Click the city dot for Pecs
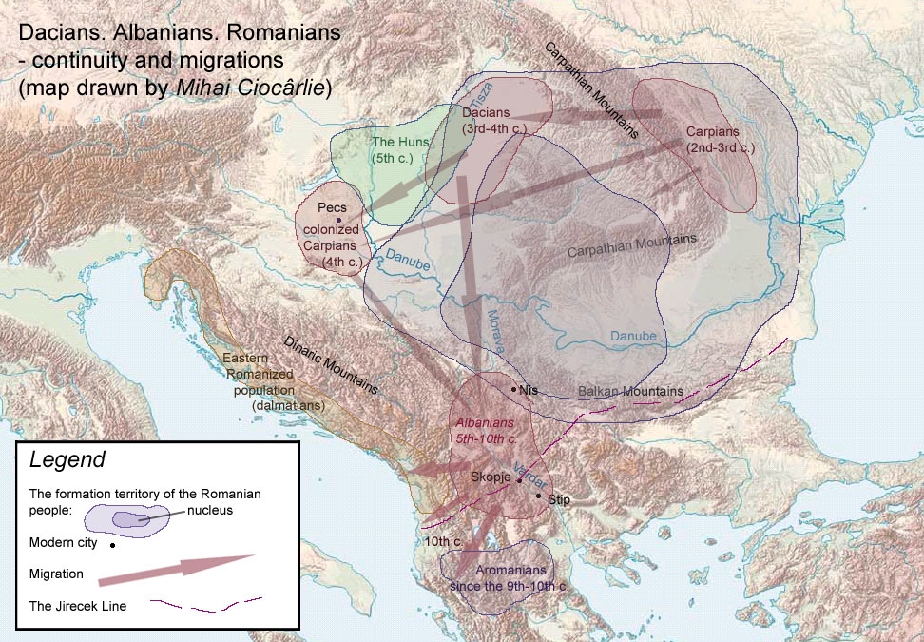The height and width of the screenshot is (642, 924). tap(337, 220)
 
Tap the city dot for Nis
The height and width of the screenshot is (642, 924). tap(514, 389)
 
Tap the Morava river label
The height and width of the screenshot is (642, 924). tap(494, 326)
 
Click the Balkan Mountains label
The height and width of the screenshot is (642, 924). tap(630, 392)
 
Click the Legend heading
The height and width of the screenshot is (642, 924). tap(67, 461)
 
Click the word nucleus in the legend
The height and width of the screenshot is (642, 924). tap(210, 511)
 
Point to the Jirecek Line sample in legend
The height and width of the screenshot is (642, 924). tap(206, 604)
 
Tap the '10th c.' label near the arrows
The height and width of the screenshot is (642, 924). tap(444, 541)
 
